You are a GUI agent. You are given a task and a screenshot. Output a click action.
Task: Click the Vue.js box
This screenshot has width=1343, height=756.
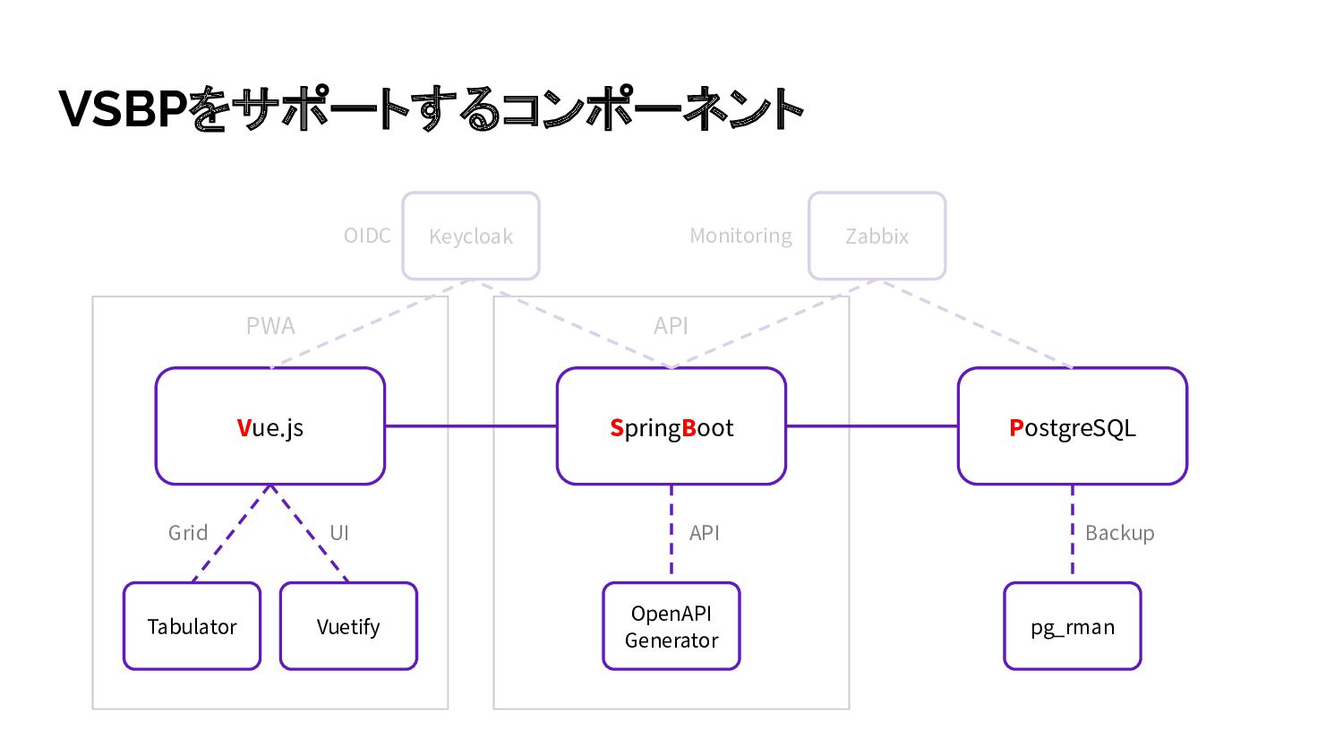pyautogui.click(x=269, y=426)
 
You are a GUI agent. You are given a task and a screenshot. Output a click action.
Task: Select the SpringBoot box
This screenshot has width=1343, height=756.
pyautogui.click(x=671, y=426)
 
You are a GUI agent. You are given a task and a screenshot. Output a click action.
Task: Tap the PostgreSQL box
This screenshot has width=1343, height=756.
pyautogui.click(x=1072, y=426)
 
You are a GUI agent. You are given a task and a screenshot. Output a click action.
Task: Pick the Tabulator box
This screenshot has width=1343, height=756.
pyautogui.click(x=192, y=626)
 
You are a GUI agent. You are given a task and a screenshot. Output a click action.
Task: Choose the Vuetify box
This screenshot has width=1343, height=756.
pyautogui.click(x=348, y=626)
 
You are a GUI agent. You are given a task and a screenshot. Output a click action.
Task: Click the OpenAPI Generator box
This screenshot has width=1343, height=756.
pyautogui.click(x=671, y=626)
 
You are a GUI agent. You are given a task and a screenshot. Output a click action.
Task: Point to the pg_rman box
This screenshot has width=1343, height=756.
pyautogui.click(x=1072, y=626)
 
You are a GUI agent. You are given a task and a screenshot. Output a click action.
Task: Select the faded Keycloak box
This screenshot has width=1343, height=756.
pyautogui.click(x=471, y=236)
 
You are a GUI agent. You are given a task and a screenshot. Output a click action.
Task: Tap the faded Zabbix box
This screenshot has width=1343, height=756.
pyautogui.click(x=877, y=236)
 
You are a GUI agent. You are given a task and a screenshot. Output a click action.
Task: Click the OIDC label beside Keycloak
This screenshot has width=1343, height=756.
pyautogui.click(x=367, y=236)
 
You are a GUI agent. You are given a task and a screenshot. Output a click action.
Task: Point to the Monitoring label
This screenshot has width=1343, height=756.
pyautogui.click(x=740, y=236)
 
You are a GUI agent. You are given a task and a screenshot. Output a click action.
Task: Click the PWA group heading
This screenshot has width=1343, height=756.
pyautogui.click(x=270, y=326)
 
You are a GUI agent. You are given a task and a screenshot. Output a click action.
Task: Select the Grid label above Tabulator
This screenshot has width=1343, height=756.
pyautogui.click(x=188, y=533)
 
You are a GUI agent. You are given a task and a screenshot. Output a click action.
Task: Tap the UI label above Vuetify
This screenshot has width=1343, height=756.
pyautogui.click(x=339, y=533)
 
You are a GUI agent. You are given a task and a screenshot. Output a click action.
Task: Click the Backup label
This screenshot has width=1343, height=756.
pyautogui.click(x=1119, y=533)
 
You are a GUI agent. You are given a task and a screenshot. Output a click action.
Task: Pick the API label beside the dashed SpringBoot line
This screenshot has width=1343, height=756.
pyautogui.click(x=704, y=533)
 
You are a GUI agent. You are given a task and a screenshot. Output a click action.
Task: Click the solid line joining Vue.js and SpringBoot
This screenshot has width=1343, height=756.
pyautogui.click(x=471, y=426)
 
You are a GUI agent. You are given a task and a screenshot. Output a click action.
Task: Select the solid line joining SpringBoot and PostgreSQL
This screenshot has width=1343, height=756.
pyautogui.click(x=872, y=426)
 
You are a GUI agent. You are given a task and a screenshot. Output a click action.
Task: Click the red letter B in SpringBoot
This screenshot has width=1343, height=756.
pyautogui.click(x=689, y=428)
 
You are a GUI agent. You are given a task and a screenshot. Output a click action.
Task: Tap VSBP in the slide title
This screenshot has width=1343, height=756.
pyautogui.click(x=124, y=108)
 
